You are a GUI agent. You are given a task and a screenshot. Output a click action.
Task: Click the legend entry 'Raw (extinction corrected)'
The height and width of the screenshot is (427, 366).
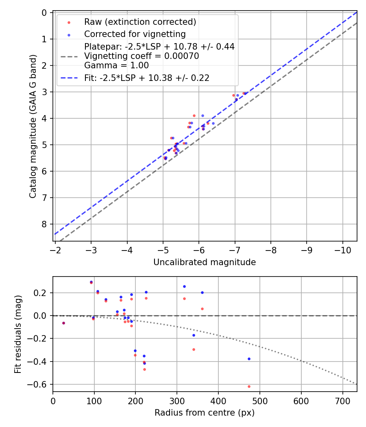point(140,22)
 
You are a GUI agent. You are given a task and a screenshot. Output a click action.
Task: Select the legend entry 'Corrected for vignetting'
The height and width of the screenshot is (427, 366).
point(135,34)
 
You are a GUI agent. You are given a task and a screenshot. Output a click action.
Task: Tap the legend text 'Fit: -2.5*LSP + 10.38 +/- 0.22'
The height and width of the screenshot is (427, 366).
point(146,78)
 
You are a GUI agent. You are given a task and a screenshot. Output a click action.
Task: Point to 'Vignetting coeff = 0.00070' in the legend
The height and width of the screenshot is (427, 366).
point(142,56)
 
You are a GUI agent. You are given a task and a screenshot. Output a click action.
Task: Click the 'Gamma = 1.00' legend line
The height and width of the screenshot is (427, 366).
point(116,65)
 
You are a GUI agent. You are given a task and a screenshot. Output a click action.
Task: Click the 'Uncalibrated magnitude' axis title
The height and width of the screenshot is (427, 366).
point(205,262)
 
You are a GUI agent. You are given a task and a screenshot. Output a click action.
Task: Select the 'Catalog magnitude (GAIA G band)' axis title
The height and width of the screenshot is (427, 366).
point(33,126)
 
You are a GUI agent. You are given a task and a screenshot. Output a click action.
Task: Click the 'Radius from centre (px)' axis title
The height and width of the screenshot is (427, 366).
point(205,413)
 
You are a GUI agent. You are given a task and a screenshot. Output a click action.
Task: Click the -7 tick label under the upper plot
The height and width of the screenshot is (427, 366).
point(235,249)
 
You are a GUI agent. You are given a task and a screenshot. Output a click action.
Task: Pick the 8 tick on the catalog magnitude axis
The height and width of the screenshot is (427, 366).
point(45,224)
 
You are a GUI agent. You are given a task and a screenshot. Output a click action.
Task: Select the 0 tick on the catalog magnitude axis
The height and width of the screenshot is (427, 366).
point(45,13)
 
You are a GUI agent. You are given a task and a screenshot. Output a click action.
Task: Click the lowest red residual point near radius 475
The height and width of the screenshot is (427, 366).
point(249,386)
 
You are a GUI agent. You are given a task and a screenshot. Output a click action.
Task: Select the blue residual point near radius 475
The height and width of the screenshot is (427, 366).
point(249,359)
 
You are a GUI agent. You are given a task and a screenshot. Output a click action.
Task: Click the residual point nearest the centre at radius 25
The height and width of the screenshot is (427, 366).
point(63,323)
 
